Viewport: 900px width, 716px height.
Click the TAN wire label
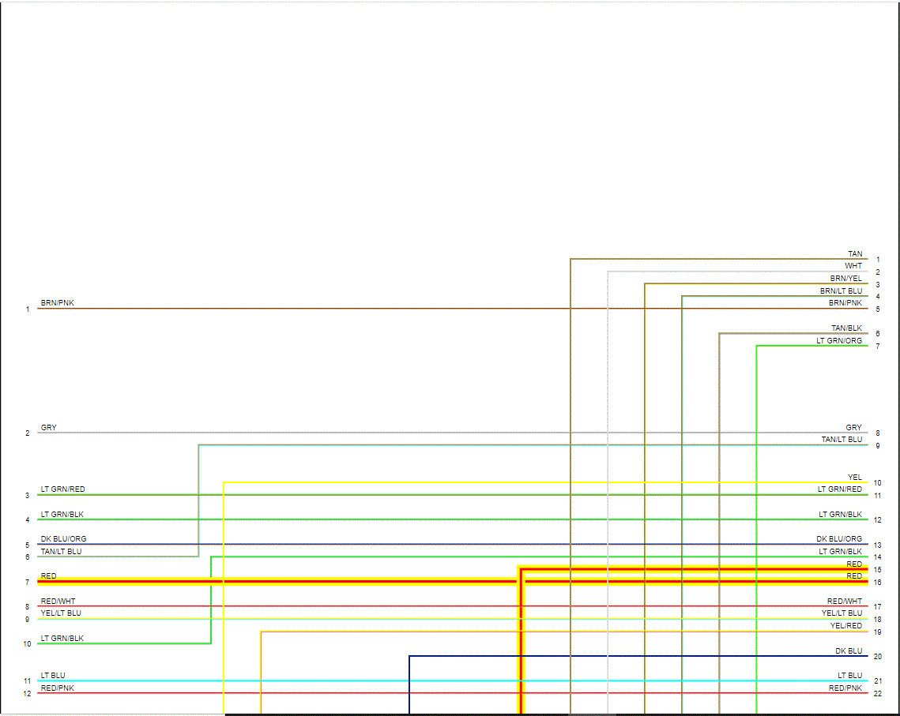point(855,254)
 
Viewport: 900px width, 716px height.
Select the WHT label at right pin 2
point(853,266)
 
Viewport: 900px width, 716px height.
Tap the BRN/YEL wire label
point(845,279)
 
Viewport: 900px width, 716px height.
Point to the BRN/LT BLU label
point(841,291)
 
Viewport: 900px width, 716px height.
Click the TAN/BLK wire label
point(846,328)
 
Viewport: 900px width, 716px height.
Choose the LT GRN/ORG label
point(839,341)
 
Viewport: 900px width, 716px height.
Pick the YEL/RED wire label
point(845,626)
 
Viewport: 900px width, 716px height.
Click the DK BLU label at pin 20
point(849,651)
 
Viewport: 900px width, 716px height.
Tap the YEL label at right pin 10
point(855,478)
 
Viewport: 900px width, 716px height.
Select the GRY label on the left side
point(49,428)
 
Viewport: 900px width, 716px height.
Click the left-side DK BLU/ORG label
point(64,539)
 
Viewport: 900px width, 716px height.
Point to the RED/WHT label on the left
point(58,602)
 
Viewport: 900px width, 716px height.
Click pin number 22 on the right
point(878,694)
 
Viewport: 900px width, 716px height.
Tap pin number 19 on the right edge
point(878,632)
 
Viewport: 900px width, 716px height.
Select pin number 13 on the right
point(878,545)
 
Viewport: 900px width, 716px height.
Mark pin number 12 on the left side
point(27,694)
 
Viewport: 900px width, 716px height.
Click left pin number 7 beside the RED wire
point(27,583)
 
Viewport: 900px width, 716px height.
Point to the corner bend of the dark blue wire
point(409,656)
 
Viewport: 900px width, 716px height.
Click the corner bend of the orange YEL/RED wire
point(261,632)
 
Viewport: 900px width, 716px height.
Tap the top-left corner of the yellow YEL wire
point(224,482)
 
